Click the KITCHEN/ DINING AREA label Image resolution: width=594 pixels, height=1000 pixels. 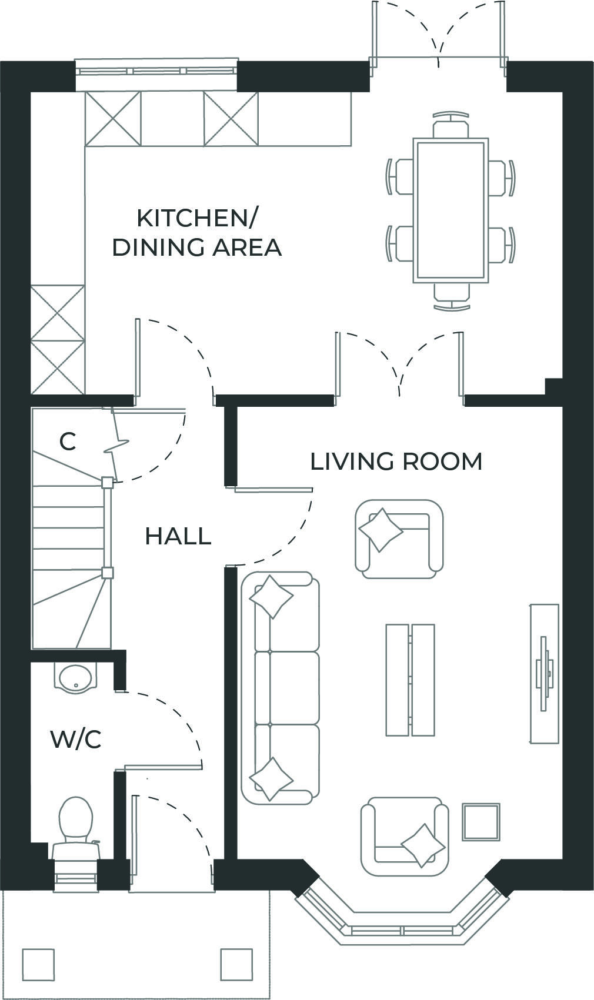coord(197,233)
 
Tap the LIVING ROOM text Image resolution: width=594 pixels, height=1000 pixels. coord(396,461)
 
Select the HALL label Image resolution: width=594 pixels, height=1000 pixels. coord(178,536)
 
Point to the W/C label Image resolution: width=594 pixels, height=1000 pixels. coord(76,740)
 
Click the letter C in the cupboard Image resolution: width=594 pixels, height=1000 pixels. coord(68,441)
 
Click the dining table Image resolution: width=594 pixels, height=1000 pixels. coord(450,210)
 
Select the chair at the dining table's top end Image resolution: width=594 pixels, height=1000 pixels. coord(451,126)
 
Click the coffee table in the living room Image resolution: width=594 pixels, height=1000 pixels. coord(410,680)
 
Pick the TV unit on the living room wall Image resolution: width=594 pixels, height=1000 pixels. coord(545,673)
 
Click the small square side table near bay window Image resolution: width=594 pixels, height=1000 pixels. coord(480,822)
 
